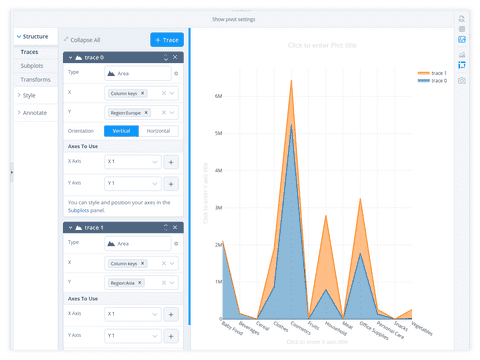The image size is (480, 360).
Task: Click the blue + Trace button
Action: pos(166,39)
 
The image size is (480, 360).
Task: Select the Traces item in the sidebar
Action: pos(30,51)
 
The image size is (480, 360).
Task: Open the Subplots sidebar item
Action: pos(31,65)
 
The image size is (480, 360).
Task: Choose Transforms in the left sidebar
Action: pos(35,79)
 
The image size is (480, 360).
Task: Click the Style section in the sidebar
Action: pos(29,95)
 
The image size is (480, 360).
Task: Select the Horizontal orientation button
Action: pos(157,131)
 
